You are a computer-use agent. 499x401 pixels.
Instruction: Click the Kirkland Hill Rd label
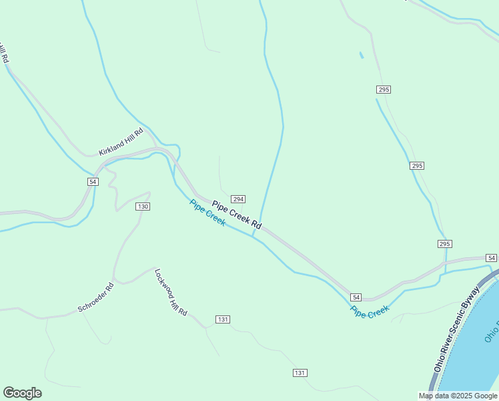(121, 142)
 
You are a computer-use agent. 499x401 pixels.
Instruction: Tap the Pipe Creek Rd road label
(237, 216)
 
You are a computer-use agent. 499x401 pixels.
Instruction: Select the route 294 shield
(238, 199)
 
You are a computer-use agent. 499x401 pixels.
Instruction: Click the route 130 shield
(143, 207)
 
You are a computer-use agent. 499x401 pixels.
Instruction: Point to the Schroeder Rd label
(96, 297)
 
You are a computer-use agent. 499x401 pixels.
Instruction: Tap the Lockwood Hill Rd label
(171, 293)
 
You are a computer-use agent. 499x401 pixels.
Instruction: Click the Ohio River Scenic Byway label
(457, 329)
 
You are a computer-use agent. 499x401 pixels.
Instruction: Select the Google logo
(22, 393)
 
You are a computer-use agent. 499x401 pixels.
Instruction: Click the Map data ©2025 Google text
(458, 396)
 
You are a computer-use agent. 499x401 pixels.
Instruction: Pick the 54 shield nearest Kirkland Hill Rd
(93, 182)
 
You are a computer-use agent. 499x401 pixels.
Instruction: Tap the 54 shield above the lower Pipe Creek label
(356, 297)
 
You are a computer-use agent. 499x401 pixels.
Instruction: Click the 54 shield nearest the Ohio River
(491, 258)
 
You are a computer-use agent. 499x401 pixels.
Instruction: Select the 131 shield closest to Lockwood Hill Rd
(223, 319)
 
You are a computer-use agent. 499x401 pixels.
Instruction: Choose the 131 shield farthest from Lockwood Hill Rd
(300, 372)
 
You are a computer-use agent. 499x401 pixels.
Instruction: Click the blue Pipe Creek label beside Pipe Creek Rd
(207, 213)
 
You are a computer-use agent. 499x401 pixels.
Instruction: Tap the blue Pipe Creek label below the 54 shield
(370, 311)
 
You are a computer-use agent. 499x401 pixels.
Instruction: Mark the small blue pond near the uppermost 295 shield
(362, 55)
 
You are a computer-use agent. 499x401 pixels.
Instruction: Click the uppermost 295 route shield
(383, 89)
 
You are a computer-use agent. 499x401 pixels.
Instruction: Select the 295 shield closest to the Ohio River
(445, 243)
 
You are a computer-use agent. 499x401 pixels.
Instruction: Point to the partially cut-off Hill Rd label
(4, 53)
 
